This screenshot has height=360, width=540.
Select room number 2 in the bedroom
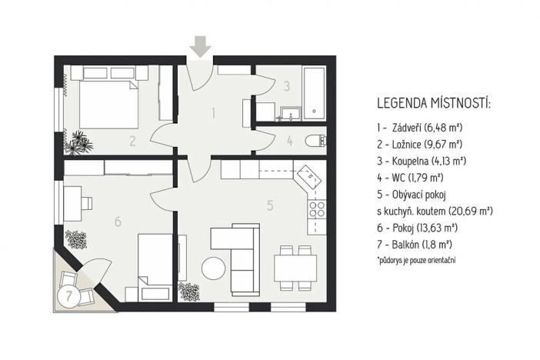(132, 141)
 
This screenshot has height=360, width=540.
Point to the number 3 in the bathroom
(285, 87)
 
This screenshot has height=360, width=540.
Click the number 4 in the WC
(289, 141)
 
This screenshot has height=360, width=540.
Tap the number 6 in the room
(117, 222)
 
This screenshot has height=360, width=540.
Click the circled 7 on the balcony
(69, 295)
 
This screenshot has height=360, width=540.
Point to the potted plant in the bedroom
(78, 142)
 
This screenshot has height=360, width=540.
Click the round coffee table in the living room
(212, 268)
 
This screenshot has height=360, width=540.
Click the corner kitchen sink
(311, 176)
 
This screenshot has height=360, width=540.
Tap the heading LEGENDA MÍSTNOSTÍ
(434, 103)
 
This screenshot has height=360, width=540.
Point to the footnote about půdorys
(415, 261)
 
